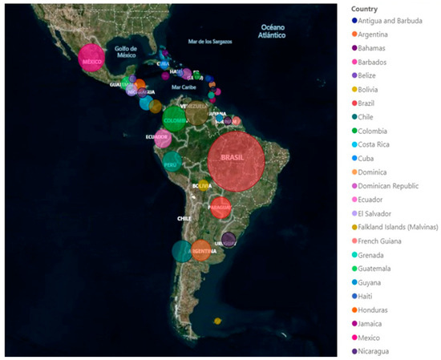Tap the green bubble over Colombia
[x=175, y=119]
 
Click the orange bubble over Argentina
[x=201, y=250]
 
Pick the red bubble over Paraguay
[x=220, y=208]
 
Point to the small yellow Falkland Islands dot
[x=217, y=322]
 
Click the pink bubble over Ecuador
[x=163, y=138]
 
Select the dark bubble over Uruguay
[x=229, y=239]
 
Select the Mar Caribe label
[x=184, y=87]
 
